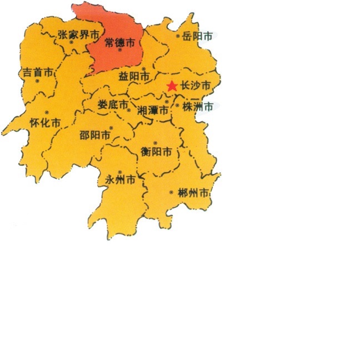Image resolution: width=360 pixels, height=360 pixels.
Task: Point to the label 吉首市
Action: pos(38,72)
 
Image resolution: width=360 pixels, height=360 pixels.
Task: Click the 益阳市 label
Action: pos(134,77)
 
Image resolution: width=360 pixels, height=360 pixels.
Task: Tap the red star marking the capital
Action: pos(172,86)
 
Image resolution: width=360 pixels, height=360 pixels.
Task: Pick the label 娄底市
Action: pos(112,104)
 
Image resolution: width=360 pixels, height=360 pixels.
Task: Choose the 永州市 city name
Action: pos(120,180)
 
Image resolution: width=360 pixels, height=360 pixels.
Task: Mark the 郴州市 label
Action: pos(194,194)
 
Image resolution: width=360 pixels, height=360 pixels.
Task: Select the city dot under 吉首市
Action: pos(37,81)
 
